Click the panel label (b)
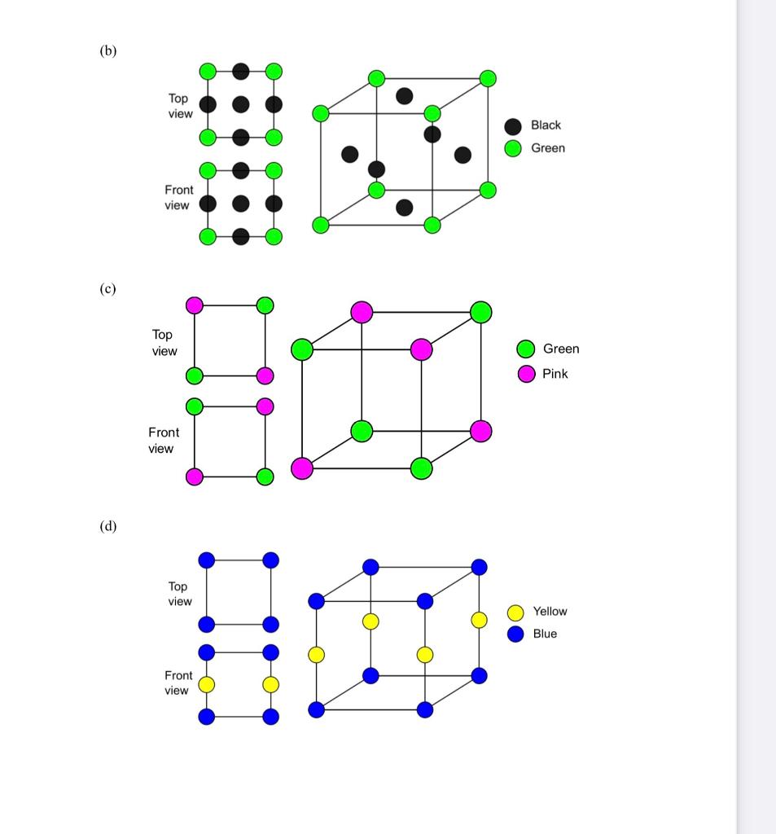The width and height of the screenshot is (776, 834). [108, 50]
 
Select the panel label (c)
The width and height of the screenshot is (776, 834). [107, 288]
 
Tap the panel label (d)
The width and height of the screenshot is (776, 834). [108, 526]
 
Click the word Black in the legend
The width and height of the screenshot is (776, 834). [546, 125]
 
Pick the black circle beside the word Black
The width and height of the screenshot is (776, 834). [513, 126]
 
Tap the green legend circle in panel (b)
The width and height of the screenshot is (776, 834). [513, 148]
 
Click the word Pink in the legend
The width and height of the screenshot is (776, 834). [555, 374]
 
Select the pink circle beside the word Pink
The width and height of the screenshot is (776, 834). [527, 374]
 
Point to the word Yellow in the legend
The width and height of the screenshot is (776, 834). [550, 611]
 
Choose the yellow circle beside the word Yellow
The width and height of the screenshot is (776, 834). [515, 612]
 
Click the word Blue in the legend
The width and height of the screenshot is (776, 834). [545, 634]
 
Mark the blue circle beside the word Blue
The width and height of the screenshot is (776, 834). [515, 634]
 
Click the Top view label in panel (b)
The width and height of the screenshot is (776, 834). [179, 106]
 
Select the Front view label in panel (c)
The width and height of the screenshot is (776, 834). [163, 441]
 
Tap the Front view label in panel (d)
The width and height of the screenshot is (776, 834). [178, 683]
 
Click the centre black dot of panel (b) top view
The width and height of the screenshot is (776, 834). [240, 104]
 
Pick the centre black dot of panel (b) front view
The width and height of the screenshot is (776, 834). [240, 203]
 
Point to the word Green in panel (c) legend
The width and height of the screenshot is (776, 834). [561, 349]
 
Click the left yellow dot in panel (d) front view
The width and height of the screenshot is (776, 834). [207, 684]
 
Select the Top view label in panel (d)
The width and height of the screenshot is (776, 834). [179, 594]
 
